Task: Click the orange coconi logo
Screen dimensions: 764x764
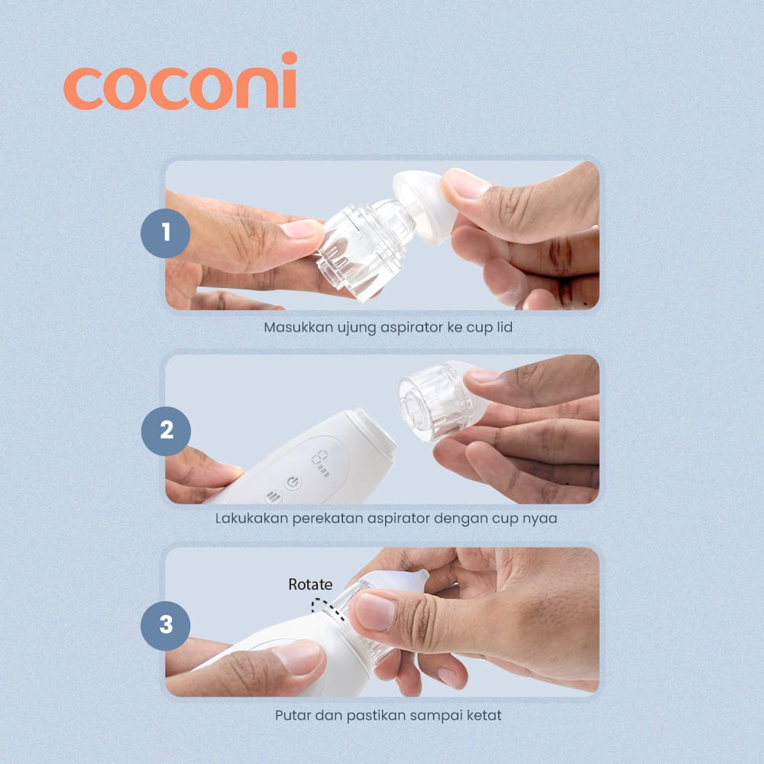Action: tap(180, 82)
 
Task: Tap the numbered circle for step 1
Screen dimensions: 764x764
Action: tap(166, 233)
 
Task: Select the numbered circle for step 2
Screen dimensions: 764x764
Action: tap(166, 431)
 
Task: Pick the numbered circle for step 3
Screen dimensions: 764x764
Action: tap(166, 625)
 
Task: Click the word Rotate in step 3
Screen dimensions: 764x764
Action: tap(310, 584)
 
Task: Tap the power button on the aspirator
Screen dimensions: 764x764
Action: tap(293, 483)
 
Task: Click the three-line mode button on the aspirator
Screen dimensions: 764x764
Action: tap(274, 497)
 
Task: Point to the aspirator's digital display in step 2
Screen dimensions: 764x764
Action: tap(321, 462)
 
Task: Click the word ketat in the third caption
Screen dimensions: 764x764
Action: tap(484, 715)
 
